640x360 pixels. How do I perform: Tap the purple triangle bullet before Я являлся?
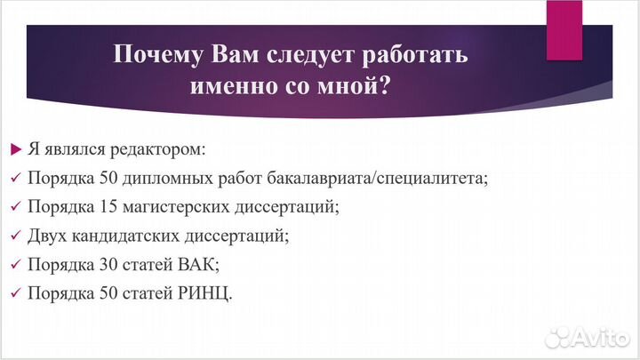pyautogui.click(x=14, y=148)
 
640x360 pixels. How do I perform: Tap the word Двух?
pyautogui.click(x=46, y=236)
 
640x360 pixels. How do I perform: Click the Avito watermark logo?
pyautogui.click(x=588, y=336)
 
